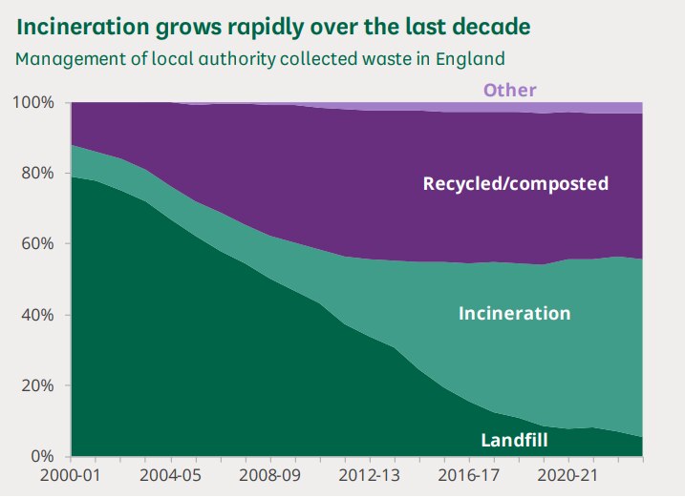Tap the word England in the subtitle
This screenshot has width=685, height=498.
(x=469, y=58)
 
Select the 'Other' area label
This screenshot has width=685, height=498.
(x=509, y=91)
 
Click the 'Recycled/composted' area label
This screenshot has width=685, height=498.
(x=515, y=183)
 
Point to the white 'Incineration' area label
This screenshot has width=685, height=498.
(x=514, y=313)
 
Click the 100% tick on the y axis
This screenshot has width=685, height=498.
(x=35, y=102)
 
